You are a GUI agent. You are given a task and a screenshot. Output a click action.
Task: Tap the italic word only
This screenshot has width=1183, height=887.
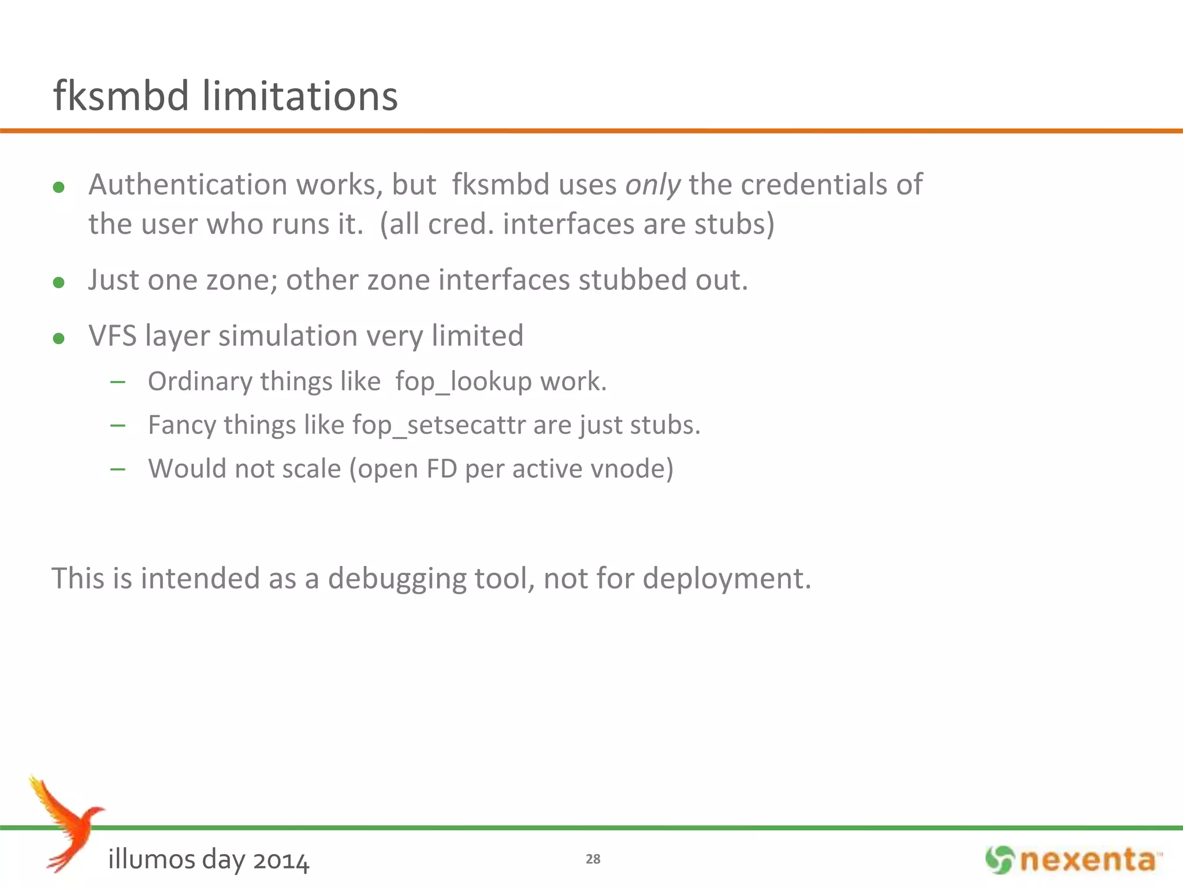(653, 185)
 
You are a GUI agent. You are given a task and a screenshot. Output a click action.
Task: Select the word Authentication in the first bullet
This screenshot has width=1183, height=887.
(188, 185)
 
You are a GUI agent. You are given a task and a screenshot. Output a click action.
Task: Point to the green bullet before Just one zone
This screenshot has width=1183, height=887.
(58, 282)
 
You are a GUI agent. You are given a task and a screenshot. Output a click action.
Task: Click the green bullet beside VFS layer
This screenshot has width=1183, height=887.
(58, 338)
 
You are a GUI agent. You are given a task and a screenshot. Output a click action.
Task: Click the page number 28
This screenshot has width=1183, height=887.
(593, 859)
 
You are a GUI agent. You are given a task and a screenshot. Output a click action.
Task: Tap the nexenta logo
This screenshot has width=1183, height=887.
(1073, 860)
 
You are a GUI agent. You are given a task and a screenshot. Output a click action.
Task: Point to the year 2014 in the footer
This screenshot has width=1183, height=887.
(281, 860)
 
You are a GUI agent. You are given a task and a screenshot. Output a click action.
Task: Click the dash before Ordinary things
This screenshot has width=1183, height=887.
(118, 382)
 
